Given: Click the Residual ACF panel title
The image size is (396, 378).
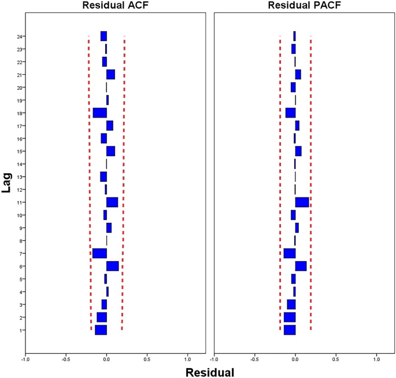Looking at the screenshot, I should (114, 5).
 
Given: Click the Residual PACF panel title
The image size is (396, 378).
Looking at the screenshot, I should (304, 5).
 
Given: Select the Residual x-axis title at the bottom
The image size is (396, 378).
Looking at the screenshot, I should (209, 372).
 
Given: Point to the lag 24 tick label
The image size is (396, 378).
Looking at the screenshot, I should (20, 36).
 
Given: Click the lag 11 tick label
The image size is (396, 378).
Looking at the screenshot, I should (20, 203).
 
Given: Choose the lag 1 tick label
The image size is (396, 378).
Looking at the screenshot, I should (21, 331).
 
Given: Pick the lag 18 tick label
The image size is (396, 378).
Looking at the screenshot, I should (20, 113).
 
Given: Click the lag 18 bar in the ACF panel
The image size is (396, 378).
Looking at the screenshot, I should (99, 113).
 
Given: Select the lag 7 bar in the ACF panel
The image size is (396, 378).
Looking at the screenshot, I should (99, 254).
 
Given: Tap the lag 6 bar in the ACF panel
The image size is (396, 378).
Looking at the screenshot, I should (112, 266).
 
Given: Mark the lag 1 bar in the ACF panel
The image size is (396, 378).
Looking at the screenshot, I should (101, 330).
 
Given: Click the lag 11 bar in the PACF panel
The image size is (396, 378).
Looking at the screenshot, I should (302, 202).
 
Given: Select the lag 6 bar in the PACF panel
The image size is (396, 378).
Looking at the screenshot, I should (301, 266).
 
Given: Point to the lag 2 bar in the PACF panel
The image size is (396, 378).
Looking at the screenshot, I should (290, 317).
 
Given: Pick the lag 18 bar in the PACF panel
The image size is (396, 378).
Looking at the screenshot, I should (290, 113).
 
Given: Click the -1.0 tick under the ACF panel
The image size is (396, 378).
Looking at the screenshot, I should (25, 359).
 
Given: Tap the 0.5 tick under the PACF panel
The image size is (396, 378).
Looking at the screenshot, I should (336, 359).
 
